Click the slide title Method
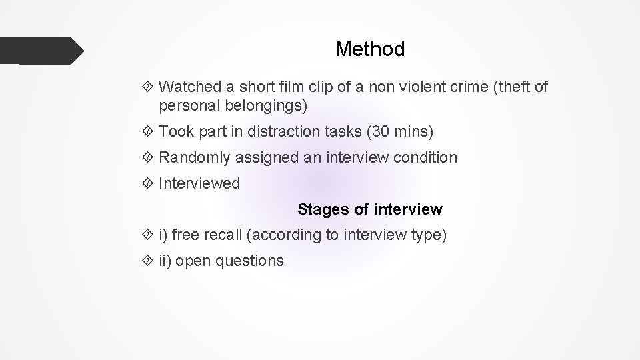tap(370, 49)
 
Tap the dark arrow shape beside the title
tap(41, 51)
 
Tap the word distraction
tap(287, 132)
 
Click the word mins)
tap(413, 132)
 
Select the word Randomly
tap(193, 158)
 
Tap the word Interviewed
tap(199, 184)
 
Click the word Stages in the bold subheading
tap(323, 210)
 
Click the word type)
tap(429, 235)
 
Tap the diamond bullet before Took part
tap(149, 132)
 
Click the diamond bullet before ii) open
tap(149, 261)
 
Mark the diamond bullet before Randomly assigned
tap(149, 158)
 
